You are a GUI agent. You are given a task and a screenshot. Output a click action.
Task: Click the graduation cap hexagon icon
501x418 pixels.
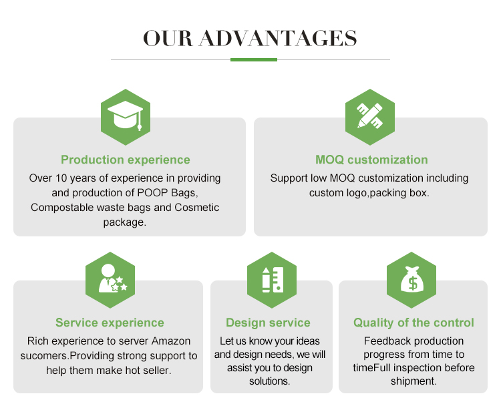[x=125, y=117]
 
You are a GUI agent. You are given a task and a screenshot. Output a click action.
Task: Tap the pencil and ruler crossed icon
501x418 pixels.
[x=370, y=117]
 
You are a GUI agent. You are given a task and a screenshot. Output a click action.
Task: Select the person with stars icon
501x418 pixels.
[x=110, y=279]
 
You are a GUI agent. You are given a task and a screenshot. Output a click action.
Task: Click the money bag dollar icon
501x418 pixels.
[x=411, y=280]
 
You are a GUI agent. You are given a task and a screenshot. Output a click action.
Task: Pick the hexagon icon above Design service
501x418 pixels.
[x=271, y=279]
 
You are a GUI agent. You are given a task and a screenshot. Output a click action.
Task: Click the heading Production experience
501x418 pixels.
[x=126, y=160]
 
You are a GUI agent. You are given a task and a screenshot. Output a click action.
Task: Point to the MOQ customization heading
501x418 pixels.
[x=371, y=160]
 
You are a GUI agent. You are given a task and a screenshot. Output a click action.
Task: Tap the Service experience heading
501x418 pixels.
[x=110, y=323]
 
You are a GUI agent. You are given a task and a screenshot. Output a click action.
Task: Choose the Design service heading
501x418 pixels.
[x=268, y=323]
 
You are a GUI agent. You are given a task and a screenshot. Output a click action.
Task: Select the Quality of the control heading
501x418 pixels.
[x=413, y=323]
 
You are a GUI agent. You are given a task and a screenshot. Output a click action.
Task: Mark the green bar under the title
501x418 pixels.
[x=253, y=59]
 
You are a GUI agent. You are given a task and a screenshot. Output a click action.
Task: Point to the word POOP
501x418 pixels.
[x=155, y=193]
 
